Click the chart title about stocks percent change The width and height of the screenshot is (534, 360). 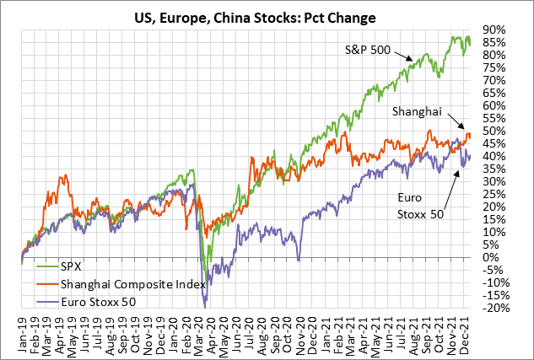267,14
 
